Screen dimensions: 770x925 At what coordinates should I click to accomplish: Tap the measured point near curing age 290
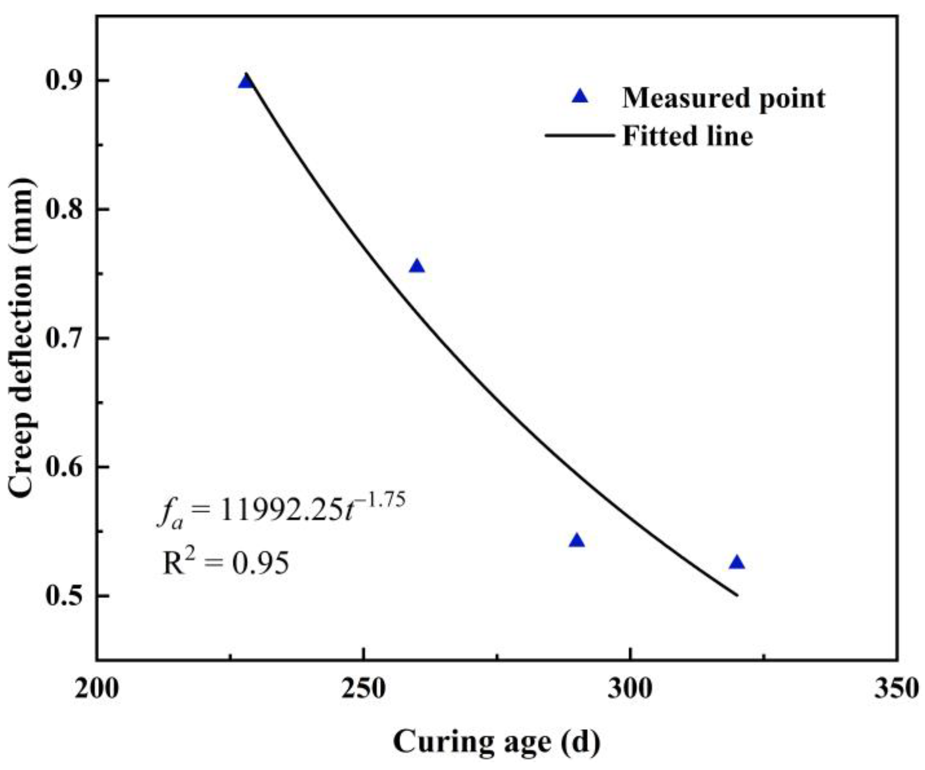click(577, 541)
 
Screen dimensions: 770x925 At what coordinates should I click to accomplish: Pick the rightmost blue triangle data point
click(736, 563)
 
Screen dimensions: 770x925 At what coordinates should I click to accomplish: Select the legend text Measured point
click(723, 98)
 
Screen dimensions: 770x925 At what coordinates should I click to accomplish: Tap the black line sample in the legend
click(580, 136)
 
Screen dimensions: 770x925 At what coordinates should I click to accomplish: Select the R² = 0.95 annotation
click(226, 562)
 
